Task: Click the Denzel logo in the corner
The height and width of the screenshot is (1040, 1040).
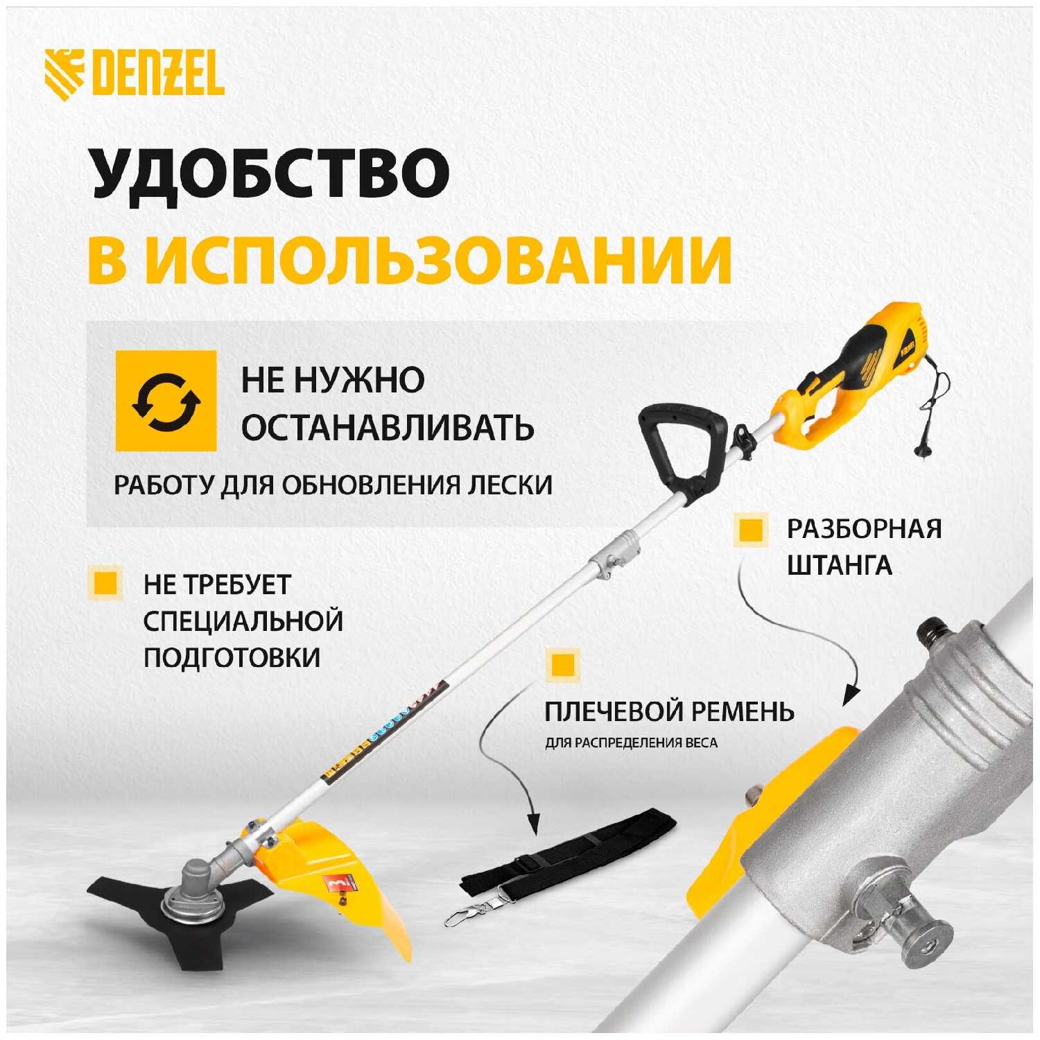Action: pos(135,74)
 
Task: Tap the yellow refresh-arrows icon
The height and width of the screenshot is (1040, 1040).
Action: pos(166,401)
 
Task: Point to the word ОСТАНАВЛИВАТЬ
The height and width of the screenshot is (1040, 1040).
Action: pos(388,427)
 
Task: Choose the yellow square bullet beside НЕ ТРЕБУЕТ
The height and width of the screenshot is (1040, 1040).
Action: pos(105,582)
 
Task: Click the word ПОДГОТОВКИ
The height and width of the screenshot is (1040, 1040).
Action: pos(232,657)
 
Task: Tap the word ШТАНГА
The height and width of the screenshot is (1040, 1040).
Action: pos(839,565)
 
